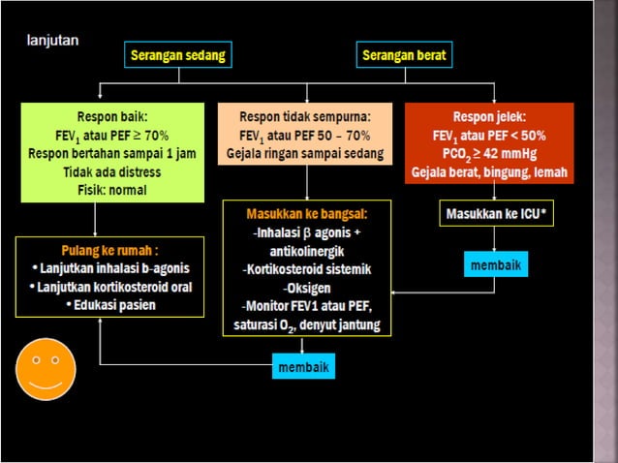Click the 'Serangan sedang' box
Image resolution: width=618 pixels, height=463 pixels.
tap(178, 55)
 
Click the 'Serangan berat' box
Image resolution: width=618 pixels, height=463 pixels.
tap(404, 55)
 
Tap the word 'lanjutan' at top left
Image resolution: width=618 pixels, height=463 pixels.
tap(52, 41)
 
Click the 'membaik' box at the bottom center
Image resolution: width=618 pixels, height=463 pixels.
tap(304, 368)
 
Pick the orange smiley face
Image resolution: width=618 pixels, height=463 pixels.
tap(40, 369)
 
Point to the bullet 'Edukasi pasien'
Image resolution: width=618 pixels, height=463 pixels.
tap(109, 305)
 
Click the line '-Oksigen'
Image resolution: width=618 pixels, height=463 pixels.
tap(306, 288)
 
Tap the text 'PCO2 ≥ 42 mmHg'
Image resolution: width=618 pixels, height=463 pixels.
tap(488, 154)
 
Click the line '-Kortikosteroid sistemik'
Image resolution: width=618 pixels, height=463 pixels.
tap(306, 268)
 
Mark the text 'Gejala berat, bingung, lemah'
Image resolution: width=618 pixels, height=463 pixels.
tap(488, 172)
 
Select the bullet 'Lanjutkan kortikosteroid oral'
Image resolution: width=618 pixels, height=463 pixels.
tap(109, 287)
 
